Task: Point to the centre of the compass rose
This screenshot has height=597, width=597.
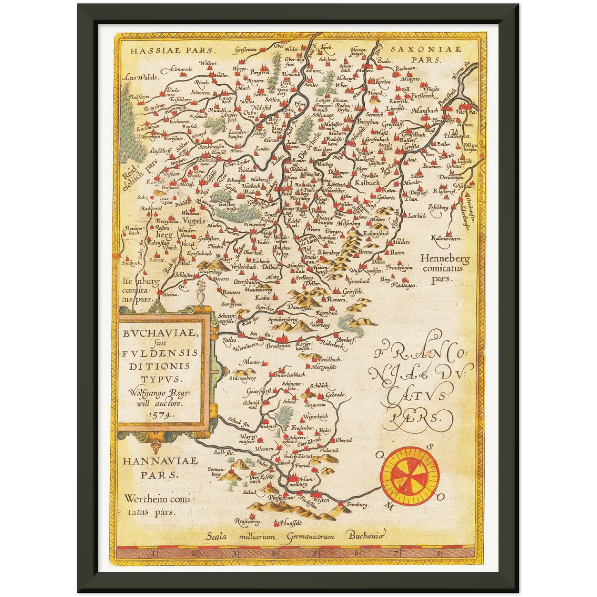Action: pyautogui.click(x=410, y=477)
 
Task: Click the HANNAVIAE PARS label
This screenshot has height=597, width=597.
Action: pyautogui.click(x=160, y=467)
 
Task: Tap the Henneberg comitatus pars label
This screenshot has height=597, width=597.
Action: pyautogui.click(x=445, y=269)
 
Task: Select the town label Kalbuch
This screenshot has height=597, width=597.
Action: pyautogui.click(x=367, y=182)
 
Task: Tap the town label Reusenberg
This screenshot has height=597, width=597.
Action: pyautogui.click(x=247, y=522)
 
